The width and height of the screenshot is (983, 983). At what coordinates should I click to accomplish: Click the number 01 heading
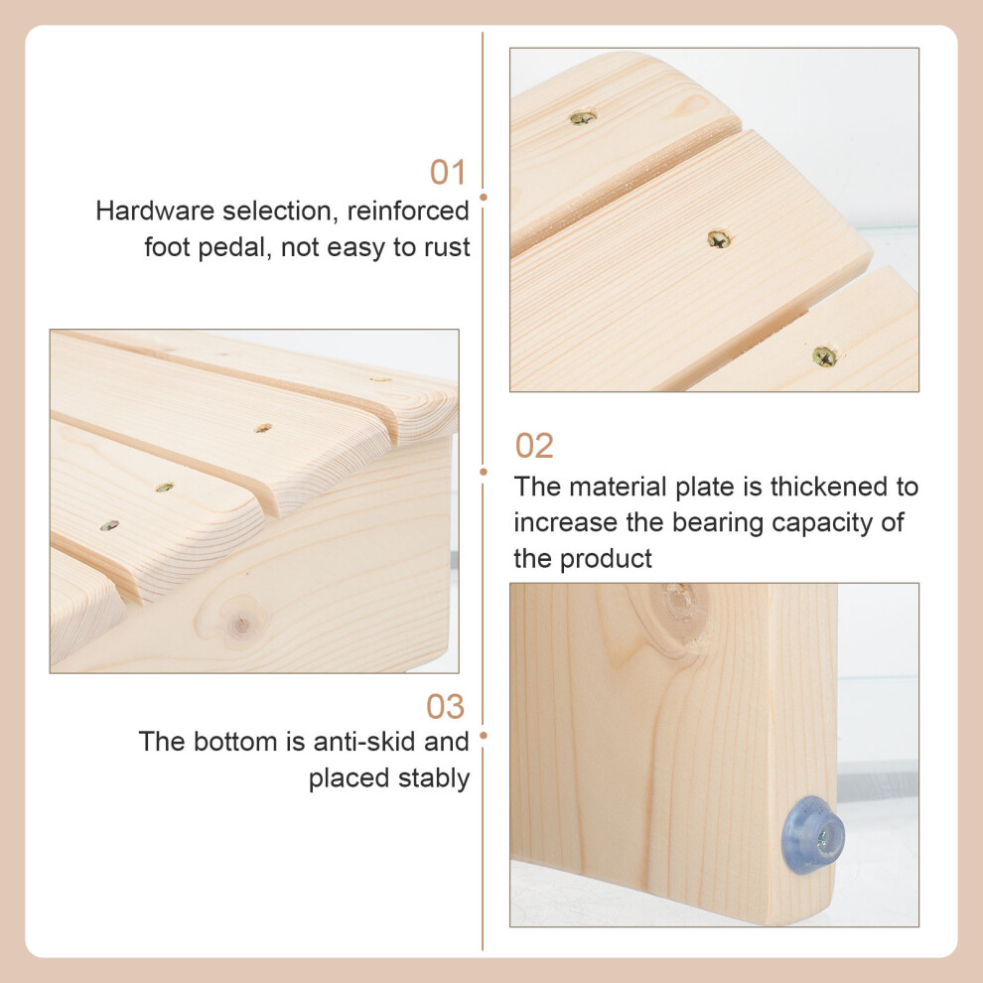click(x=448, y=172)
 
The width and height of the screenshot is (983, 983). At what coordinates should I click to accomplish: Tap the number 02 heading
click(x=534, y=446)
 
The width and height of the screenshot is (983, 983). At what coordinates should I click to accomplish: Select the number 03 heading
click(x=445, y=707)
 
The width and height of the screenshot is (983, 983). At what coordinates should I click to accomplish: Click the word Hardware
click(x=155, y=211)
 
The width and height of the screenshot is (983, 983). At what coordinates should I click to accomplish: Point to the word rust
click(x=447, y=248)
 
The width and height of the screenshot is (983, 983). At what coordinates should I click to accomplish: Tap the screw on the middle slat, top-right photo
click(x=719, y=239)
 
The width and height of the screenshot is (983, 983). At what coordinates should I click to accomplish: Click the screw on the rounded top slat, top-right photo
click(x=583, y=117)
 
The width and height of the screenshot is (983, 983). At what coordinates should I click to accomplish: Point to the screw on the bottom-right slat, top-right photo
click(x=824, y=356)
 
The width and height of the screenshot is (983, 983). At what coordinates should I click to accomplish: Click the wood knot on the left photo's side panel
click(x=241, y=624)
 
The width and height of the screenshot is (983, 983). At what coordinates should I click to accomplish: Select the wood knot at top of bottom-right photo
click(x=679, y=603)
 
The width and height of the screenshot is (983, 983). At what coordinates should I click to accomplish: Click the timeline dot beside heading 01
click(x=483, y=198)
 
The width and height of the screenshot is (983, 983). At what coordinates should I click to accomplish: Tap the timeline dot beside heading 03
click(x=483, y=736)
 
